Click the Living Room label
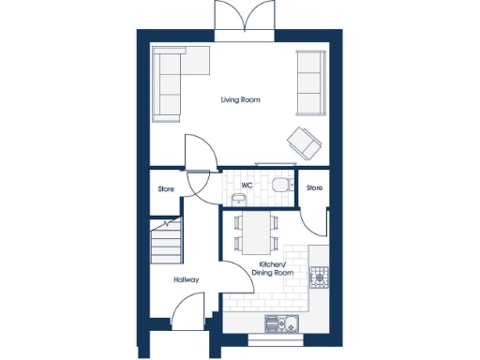point(240,99)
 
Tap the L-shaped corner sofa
point(174,81)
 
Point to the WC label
point(247,186)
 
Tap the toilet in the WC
point(280,185)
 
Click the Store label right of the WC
point(314,187)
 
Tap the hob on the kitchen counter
point(320,276)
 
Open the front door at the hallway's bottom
point(188,312)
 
